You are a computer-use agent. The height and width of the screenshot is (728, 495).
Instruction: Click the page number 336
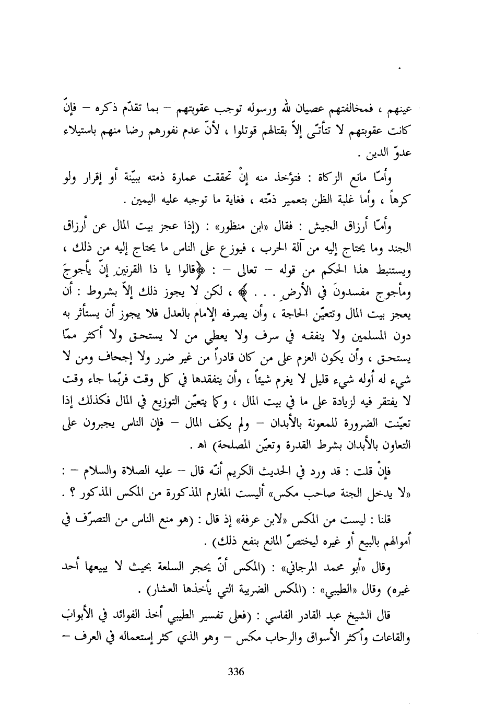pos(237,672)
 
